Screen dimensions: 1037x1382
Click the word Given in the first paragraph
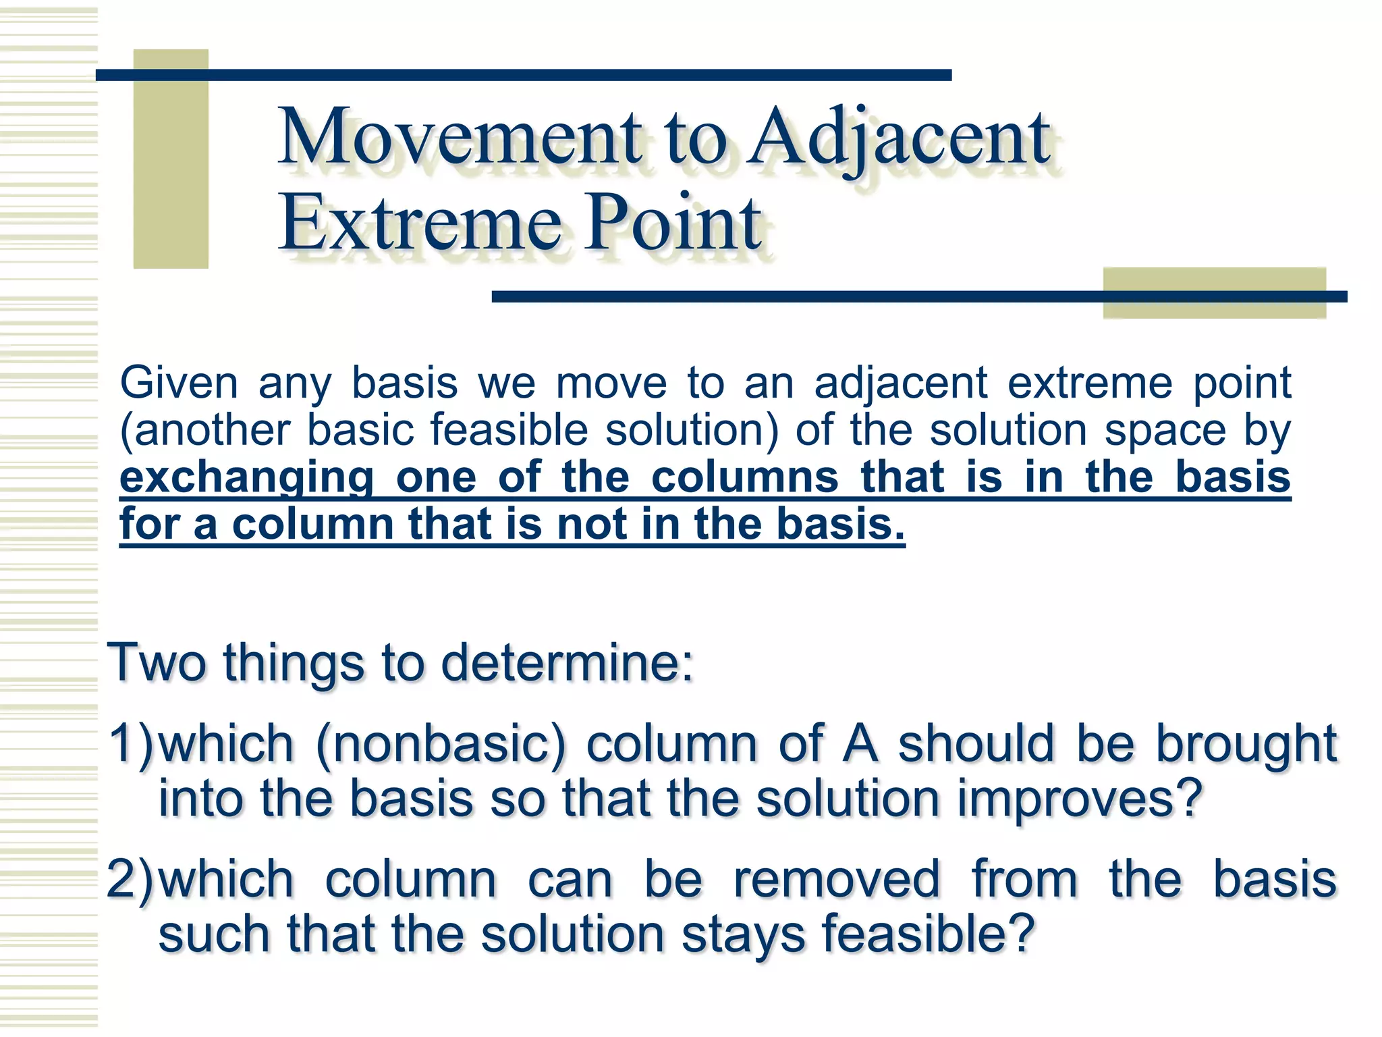(179, 383)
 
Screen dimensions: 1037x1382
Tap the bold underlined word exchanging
(246, 479)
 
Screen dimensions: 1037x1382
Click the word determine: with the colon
(567, 663)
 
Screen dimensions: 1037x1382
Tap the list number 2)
(131, 880)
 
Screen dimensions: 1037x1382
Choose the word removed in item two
(836, 880)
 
